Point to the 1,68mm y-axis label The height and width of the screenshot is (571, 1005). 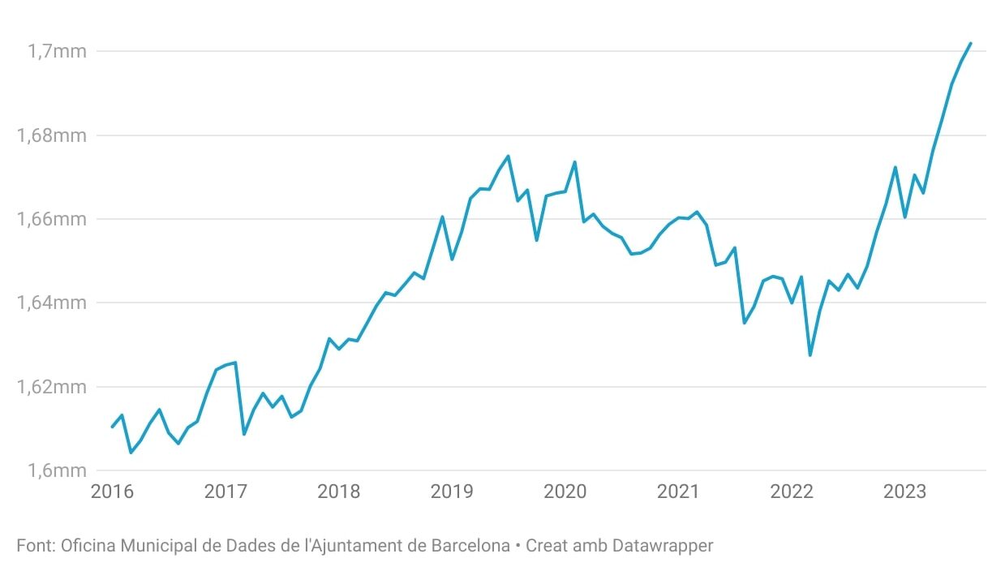point(50,135)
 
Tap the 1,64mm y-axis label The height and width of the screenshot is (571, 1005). point(50,303)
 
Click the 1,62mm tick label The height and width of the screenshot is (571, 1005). point(50,387)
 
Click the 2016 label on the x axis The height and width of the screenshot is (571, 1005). point(112,492)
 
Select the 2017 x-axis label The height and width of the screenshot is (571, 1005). point(225,492)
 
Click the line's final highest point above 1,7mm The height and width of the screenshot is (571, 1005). point(971,43)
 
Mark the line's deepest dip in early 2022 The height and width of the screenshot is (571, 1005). point(810,355)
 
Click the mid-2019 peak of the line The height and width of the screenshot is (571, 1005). point(508,156)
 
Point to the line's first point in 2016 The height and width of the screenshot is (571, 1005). point(113,427)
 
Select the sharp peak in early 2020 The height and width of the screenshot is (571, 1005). point(574,161)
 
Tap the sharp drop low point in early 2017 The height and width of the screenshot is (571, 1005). point(244,434)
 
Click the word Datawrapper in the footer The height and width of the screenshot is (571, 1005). point(663,546)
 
